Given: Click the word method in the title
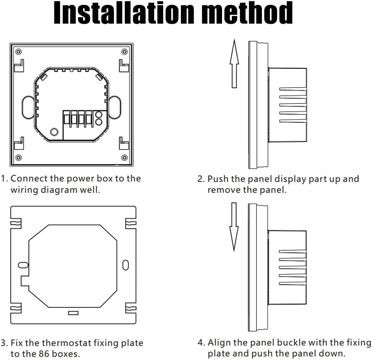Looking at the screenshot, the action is (x=247, y=13).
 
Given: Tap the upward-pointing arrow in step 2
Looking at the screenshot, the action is (x=234, y=64).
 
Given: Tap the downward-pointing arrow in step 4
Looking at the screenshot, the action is (x=234, y=227).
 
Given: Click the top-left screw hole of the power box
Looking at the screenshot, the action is (x=18, y=52).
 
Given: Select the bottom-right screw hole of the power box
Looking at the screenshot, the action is (x=124, y=157).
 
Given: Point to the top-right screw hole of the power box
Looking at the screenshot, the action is (x=124, y=52).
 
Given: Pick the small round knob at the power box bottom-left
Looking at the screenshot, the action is (x=54, y=132).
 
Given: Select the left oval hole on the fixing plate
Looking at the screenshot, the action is (x=23, y=265).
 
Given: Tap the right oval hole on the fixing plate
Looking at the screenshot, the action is (x=125, y=265).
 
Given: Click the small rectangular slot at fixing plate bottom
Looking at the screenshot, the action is (x=73, y=313).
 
